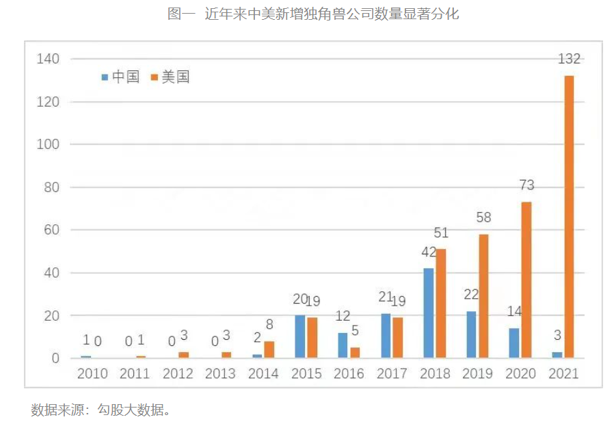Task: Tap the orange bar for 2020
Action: point(526,280)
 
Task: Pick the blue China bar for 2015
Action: point(300,336)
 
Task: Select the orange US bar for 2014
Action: point(269,349)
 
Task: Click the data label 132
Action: point(569,59)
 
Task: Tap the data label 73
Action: point(526,185)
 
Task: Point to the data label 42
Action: point(429,252)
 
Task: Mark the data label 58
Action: point(484,218)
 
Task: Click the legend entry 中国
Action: point(120,77)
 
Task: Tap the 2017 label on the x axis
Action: point(392,373)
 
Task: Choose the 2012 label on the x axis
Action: point(178,373)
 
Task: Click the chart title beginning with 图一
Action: point(313,14)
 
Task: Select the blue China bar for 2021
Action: point(557,355)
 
